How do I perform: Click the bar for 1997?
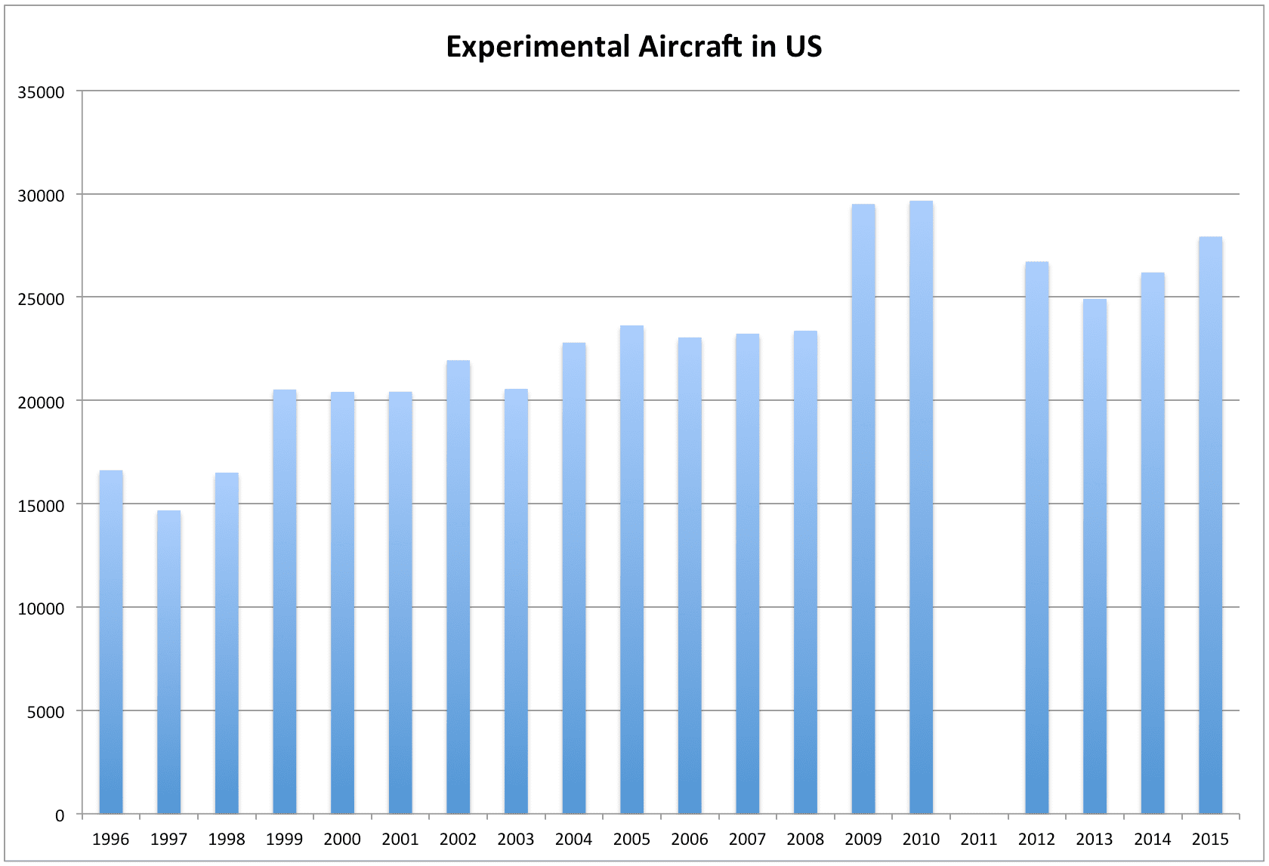coord(168,662)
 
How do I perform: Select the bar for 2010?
coord(921,507)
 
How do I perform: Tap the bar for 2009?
coord(863,509)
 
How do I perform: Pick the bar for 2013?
coord(1095,556)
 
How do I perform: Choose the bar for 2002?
coord(458,587)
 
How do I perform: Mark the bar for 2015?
coord(1210,525)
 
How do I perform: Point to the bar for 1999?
coord(284,602)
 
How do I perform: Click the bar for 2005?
coord(631,569)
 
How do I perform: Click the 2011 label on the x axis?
coord(978,839)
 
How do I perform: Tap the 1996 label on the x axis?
coord(110,839)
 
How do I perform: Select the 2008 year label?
coord(804,839)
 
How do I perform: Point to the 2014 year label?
coord(1152,839)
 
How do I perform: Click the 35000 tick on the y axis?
coord(41,92)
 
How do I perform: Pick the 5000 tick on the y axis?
coord(45,712)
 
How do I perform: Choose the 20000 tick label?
coord(41,402)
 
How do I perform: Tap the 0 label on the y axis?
coord(60,815)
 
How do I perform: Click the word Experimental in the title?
coord(537,47)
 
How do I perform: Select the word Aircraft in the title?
coord(690,47)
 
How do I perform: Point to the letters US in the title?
coord(803,47)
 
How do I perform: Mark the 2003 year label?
coord(515,839)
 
